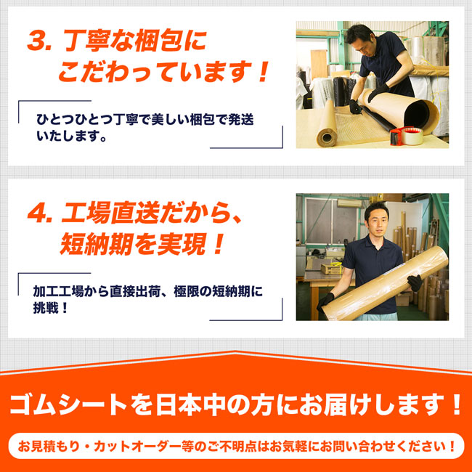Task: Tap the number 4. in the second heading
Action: tap(39, 213)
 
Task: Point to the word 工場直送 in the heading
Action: tap(110, 213)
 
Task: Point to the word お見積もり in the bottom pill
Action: tap(47, 447)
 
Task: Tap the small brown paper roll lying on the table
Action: tap(327, 125)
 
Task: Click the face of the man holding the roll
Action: tap(376, 224)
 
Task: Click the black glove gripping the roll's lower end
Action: tap(325, 302)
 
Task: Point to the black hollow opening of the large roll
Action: tap(418, 115)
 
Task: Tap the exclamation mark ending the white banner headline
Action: tap(456, 405)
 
